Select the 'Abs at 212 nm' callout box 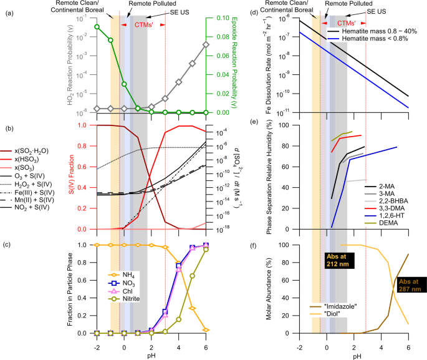(339, 260)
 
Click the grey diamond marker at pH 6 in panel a (206, 44)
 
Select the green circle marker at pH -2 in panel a (97, 27)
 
